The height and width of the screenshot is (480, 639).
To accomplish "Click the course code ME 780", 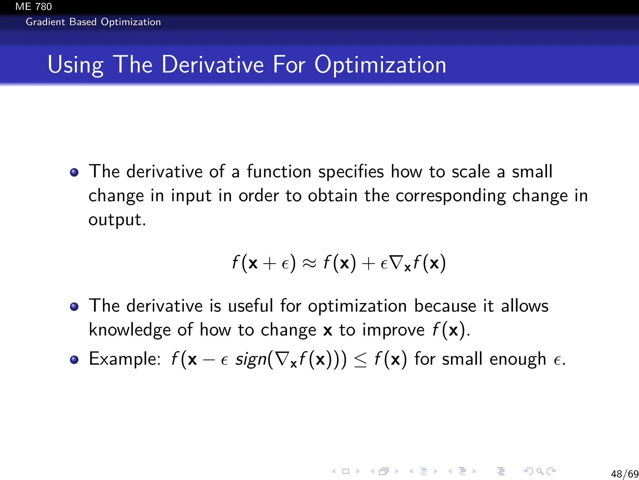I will point(33,6).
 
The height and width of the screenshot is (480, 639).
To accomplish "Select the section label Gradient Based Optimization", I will point(93,22).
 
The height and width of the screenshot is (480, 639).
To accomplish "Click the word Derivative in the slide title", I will point(212,64).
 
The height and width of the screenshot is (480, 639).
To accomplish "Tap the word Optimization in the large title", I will point(380,65).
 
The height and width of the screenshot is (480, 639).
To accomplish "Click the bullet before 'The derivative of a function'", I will point(74,172).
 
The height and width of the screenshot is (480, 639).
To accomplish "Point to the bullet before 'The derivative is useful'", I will point(74,307).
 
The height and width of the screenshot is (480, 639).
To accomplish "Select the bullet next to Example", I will point(74,360).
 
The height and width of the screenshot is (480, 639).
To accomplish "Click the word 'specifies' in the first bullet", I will point(351,172).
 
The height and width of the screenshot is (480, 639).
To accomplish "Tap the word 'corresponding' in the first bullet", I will point(451,196).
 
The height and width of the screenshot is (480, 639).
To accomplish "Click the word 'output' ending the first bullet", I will point(115,220).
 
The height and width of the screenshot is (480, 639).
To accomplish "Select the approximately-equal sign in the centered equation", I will point(309,263).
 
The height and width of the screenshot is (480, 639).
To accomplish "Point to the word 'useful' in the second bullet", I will point(250,306).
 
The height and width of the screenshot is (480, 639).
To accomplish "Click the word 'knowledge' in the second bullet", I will point(129,330).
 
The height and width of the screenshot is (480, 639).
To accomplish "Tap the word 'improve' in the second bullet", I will point(393,330).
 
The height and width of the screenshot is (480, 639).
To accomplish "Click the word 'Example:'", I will point(125,359).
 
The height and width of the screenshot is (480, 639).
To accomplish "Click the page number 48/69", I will point(624,474).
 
